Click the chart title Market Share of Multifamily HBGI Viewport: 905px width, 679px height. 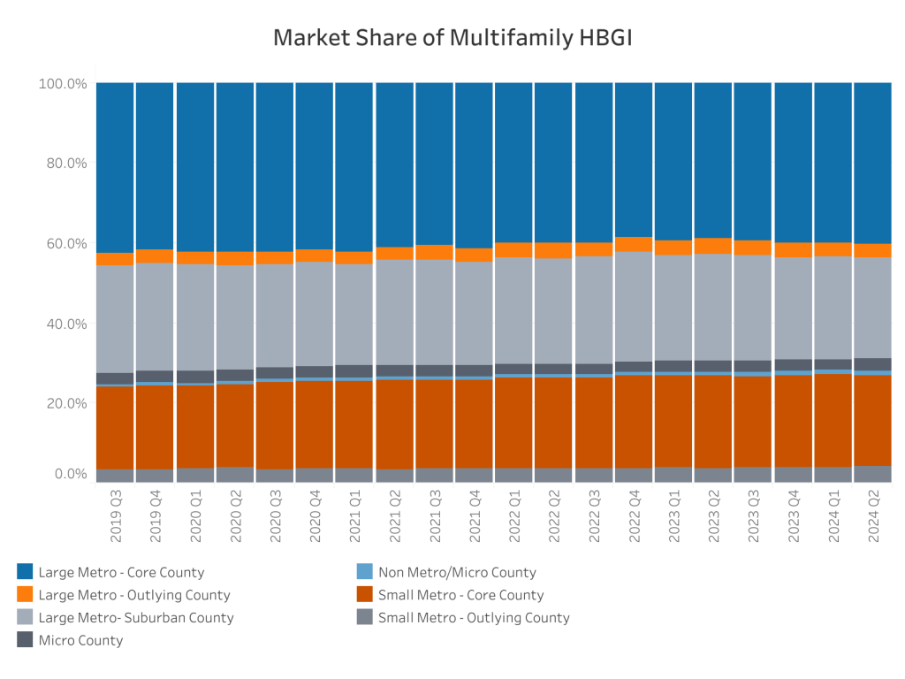(452, 38)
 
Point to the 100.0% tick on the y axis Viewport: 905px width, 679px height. (63, 83)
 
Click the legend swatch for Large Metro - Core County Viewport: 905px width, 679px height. (24, 572)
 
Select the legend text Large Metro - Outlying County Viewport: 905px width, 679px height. (133, 595)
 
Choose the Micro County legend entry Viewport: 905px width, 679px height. (80, 640)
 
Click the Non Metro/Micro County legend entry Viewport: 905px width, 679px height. (457, 572)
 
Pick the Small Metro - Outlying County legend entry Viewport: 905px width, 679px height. (474, 618)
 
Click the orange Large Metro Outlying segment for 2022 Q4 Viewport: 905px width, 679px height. (634, 245)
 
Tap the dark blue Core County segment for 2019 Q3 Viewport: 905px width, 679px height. (115, 168)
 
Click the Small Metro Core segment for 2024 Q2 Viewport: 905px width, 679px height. (873, 420)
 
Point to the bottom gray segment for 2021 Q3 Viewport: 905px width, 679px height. (434, 475)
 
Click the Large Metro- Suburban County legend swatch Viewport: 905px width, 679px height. (24, 618)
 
